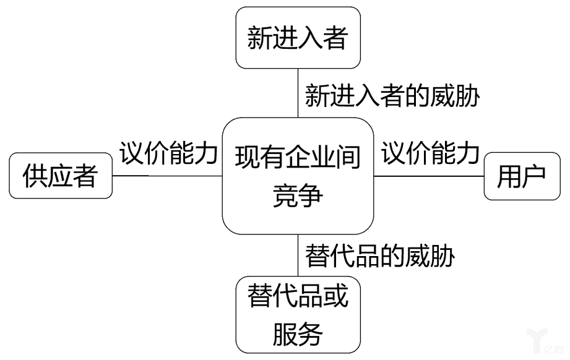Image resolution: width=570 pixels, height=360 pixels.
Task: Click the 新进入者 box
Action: [x=298, y=38]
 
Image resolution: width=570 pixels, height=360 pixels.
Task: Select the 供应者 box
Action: [x=61, y=176]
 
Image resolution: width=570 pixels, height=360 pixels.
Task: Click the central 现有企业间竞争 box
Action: [x=298, y=176]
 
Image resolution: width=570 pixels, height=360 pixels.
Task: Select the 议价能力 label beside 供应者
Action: [x=168, y=153]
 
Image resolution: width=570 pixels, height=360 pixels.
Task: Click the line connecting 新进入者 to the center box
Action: [x=298, y=93]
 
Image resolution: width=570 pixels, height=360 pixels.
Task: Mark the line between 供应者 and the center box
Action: [x=167, y=176]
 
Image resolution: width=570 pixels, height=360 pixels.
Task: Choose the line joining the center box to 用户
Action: [x=429, y=176]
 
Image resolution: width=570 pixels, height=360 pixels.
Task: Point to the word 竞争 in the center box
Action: [x=298, y=197]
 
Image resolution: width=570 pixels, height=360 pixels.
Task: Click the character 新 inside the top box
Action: [x=259, y=38]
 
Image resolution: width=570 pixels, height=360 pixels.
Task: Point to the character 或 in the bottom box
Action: [x=335, y=296]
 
